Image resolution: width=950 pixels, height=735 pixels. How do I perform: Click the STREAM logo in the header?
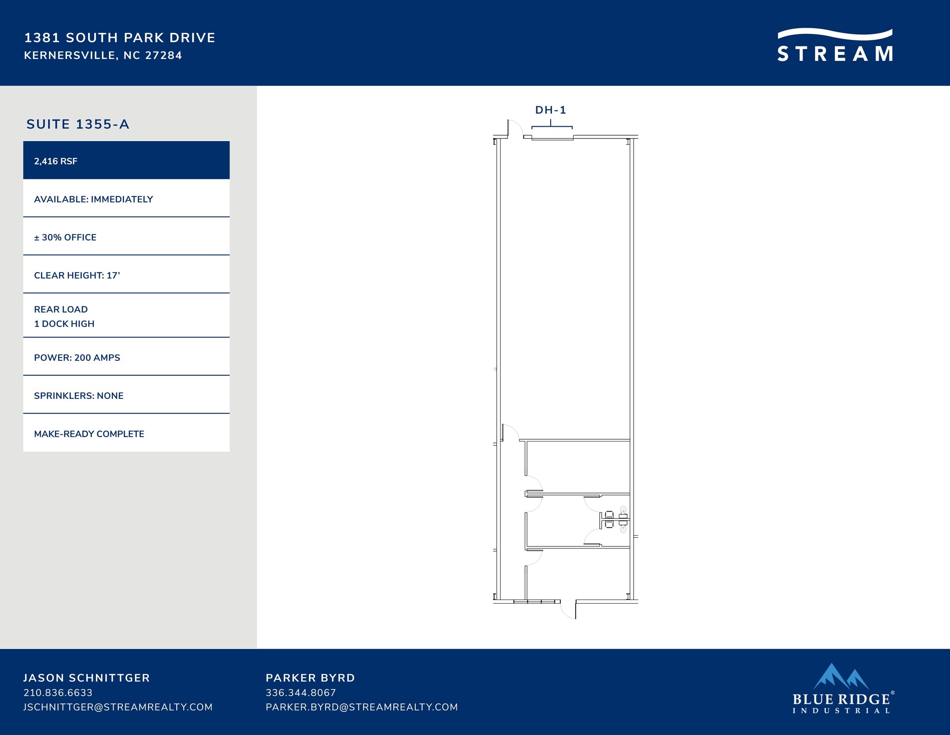coord(835,45)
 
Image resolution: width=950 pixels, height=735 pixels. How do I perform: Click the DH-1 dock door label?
coord(551,110)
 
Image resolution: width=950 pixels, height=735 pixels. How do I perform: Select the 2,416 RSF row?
coord(126,160)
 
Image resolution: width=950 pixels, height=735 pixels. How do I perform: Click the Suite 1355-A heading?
coord(78,124)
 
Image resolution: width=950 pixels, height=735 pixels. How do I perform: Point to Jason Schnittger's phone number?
coord(58,692)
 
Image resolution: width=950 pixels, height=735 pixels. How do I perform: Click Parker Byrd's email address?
coord(362,707)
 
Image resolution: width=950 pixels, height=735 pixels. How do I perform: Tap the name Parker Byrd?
coord(310,677)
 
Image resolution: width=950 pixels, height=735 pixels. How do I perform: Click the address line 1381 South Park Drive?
coord(120,38)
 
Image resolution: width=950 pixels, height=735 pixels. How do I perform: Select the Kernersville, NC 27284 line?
coord(103,55)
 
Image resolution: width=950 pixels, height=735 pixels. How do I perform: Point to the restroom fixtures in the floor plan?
coord(614,520)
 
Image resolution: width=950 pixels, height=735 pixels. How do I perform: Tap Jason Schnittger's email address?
coord(118,707)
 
